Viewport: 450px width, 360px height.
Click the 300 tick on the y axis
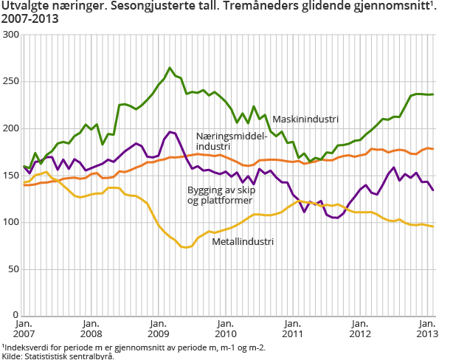[x=10, y=35]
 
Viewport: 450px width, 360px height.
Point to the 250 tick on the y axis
[x=10, y=81]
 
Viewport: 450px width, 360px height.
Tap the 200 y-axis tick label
[x=10, y=128]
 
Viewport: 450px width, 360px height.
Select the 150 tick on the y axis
[x=10, y=175]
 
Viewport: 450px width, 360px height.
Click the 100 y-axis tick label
[x=10, y=222]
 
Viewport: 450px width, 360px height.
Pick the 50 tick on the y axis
[x=13, y=269]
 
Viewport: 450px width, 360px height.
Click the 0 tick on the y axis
[x=15, y=315]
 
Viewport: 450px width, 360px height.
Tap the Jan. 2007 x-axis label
[x=24, y=328]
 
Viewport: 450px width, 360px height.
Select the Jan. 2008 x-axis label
[x=91, y=328]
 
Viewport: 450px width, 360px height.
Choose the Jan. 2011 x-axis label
[x=292, y=328]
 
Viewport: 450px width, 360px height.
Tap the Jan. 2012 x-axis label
[x=359, y=328]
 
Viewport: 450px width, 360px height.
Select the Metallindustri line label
[x=243, y=241]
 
